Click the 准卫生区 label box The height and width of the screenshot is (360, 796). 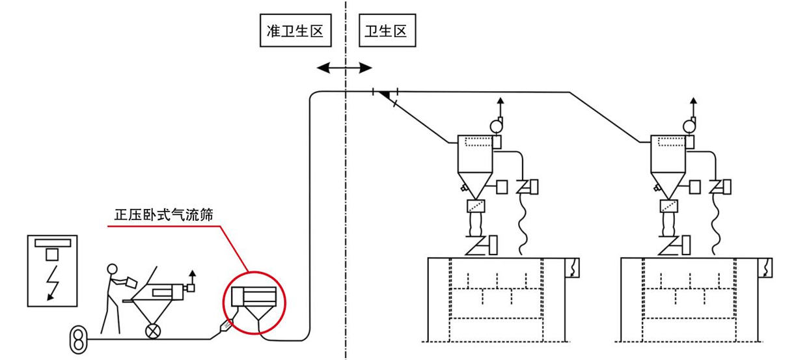pyautogui.click(x=295, y=31)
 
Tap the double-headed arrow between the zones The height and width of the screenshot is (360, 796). pyautogui.click(x=344, y=67)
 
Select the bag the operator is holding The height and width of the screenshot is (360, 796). pyautogui.click(x=131, y=281)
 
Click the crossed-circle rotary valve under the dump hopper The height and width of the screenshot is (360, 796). pyautogui.click(x=154, y=329)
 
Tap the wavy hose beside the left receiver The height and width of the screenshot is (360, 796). pyautogui.click(x=521, y=221)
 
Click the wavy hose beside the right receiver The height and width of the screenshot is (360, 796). pyautogui.click(x=716, y=221)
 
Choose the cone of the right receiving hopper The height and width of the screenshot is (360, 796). pyautogui.click(x=669, y=184)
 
